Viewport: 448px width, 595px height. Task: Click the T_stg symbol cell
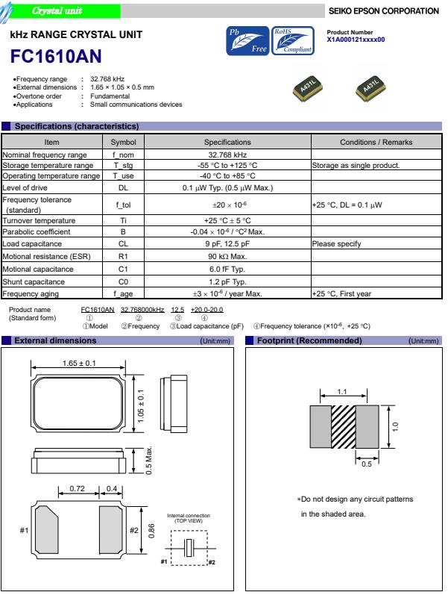click(124, 165)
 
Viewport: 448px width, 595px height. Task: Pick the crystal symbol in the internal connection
click(190, 547)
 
